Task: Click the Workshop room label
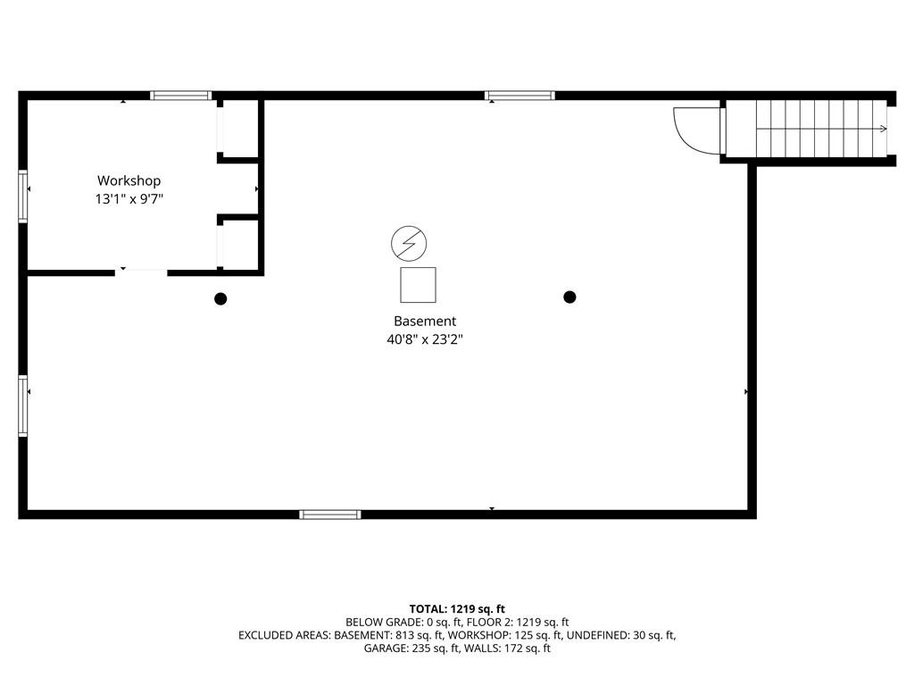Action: click(129, 180)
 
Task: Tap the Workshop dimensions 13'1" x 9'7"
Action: click(129, 199)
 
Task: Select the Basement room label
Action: click(425, 321)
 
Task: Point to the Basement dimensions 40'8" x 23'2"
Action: click(425, 339)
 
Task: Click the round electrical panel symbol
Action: click(409, 243)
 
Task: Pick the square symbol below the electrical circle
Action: click(418, 285)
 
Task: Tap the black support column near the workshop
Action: click(220, 298)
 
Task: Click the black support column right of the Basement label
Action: click(569, 297)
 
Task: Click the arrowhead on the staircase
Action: click(884, 129)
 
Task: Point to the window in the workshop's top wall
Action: click(180, 96)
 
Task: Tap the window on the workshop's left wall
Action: click(22, 196)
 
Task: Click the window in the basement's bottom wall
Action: click(330, 514)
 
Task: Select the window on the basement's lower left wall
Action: click(22, 406)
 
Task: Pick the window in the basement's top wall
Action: click(519, 96)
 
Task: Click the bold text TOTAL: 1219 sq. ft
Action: click(457, 609)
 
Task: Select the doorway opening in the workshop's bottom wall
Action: click(141, 272)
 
